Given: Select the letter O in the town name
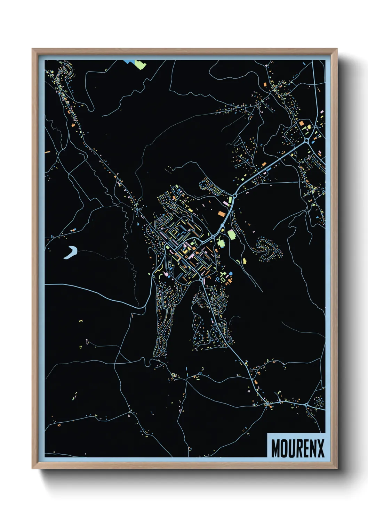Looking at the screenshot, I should pos(285,448).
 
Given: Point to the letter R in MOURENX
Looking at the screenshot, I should pos(299,448).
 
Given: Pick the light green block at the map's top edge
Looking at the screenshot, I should pos(140,64).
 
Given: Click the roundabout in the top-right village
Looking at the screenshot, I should pos(307,141).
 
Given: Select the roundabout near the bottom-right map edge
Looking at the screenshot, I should pos(306,405).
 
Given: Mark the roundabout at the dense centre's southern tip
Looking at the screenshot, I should pos(202,279).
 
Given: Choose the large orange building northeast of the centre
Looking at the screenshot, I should pos(222,213).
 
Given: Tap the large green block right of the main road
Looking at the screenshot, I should pos(231,234).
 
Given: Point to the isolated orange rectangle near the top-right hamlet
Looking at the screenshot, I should pos(265,84).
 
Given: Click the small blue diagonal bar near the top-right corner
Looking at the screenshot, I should pos(304,64).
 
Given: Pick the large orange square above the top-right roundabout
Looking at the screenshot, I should pos(301,123).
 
